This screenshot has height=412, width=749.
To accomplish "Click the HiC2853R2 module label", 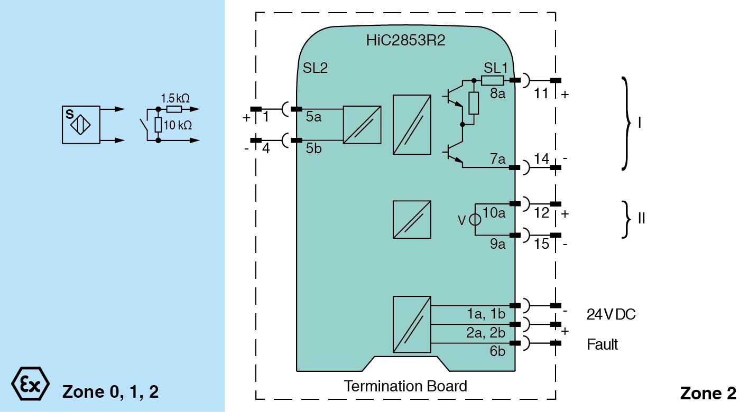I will pyautogui.click(x=405, y=41).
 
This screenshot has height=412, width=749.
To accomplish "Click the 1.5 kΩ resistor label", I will pyautogui.click(x=175, y=98).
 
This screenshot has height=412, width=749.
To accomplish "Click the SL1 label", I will pyautogui.click(x=495, y=68).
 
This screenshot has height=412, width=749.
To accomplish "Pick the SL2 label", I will pyautogui.click(x=316, y=68).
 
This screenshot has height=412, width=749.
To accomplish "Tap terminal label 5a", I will pyautogui.click(x=313, y=117).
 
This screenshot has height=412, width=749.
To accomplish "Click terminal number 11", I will pyautogui.click(x=541, y=94).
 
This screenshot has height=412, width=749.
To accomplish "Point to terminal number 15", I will pyautogui.click(x=541, y=245).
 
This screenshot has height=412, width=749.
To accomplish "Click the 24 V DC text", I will pyautogui.click(x=611, y=315).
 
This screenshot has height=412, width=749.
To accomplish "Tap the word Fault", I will pyautogui.click(x=602, y=345).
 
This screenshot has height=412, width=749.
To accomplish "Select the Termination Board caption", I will pyautogui.click(x=405, y=386).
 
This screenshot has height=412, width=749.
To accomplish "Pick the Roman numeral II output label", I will pyautogui.click(x=641, y=218).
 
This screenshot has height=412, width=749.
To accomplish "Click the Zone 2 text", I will pyautogui.click(x=707, y=393).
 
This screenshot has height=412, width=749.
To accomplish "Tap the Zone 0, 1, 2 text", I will pyautogui.click(x=110, y=392).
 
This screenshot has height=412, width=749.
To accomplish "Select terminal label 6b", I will pyautogui.click(x=497, y=351).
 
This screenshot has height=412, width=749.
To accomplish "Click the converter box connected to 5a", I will pyautogui.click(x=362, y=125).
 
